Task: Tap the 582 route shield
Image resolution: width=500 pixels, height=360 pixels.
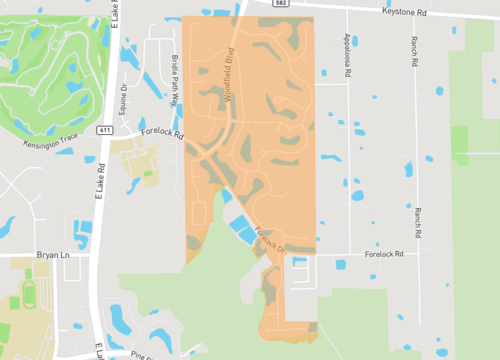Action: [282, 3]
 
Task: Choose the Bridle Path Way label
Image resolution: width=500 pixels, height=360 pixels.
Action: [177, 75]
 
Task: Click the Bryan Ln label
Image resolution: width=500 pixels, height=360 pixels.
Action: [50, 255]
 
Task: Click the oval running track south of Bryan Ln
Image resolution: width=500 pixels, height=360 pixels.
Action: [28, 293]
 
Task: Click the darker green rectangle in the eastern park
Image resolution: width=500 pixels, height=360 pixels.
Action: [459, 146]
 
